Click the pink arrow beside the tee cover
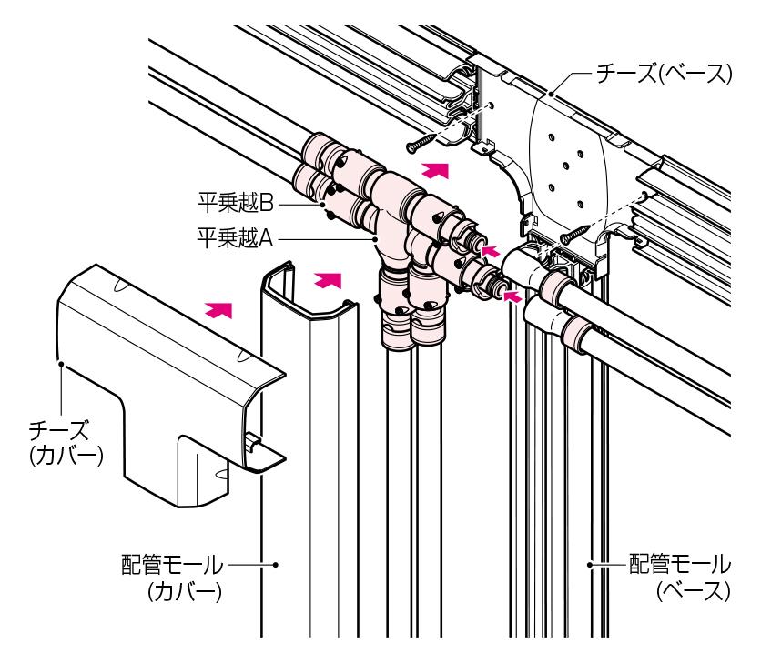click(217, 310)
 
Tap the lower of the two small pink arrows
click(513, 294)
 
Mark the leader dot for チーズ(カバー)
click(60, 366)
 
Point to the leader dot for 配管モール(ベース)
click(589, 564)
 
